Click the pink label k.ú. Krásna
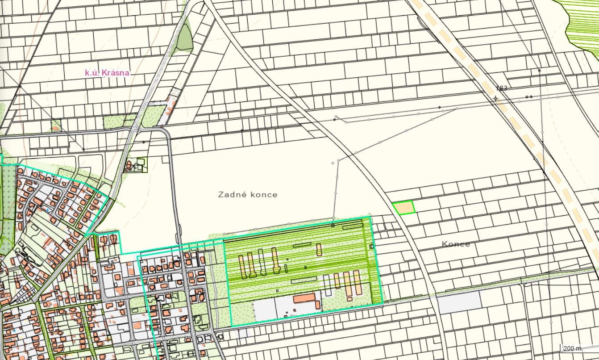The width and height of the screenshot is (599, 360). (107, 72)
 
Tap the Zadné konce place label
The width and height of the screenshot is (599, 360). (248, 195)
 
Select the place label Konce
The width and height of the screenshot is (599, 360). (456, 244)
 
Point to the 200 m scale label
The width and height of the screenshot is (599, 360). (573, 348)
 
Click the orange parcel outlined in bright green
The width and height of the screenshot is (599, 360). (404, 208)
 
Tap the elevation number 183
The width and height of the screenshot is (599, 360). (501, 88)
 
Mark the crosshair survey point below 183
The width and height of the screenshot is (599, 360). (496, 98)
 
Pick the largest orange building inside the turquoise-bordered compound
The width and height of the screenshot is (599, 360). (304, 298)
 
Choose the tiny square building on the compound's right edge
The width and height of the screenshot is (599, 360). (371, 246)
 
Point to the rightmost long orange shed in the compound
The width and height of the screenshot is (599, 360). (357, 282)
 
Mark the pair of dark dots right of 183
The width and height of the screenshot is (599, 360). (529, 97)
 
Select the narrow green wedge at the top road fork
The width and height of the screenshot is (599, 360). (184, 38)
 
